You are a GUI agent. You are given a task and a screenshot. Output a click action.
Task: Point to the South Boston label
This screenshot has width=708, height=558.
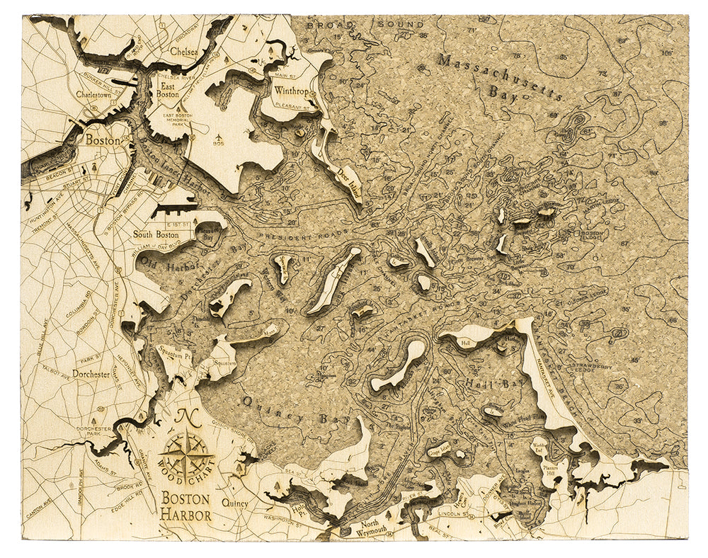click(x=156, y=234)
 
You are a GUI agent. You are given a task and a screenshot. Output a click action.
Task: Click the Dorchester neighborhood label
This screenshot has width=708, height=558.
click(x=91, y=373)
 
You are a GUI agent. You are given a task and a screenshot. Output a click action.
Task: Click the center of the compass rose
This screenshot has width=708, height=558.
click(x=185, y=455)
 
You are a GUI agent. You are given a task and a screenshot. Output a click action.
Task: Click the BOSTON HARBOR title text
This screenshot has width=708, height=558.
click(x=185, y=505)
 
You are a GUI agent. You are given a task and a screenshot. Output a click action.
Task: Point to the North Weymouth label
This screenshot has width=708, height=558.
click(x=371, y=529)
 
